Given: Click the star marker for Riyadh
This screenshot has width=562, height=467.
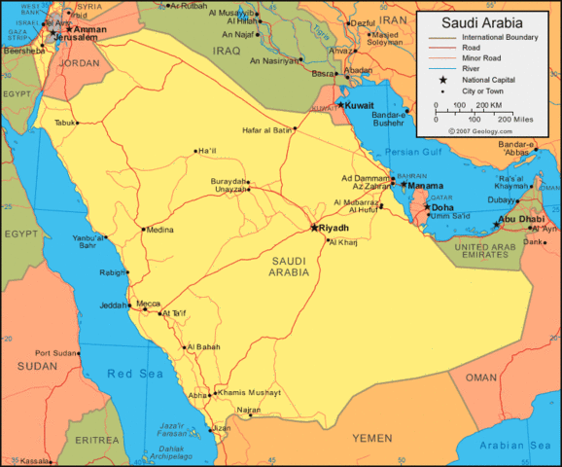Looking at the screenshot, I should pos(314,228).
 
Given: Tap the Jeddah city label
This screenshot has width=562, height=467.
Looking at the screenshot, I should pos(113,305).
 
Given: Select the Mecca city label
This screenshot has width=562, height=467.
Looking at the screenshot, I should pos(149,303).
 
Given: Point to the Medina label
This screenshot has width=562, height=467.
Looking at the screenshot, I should pos(159,231).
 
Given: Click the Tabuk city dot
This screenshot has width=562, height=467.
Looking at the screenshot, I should pos(78,123).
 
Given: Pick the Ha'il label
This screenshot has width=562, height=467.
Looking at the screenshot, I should pos(207,151).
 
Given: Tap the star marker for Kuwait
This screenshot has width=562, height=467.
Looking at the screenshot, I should pos(340,105).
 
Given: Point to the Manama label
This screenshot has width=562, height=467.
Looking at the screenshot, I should pos(426,185).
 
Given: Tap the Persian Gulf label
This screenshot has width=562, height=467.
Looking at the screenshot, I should pos(414,153).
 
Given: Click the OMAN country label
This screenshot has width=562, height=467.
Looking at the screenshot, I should pos(481,377).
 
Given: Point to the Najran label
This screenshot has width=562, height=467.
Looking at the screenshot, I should pos(249,411).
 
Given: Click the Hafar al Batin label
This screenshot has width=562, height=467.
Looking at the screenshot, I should pos(267,129).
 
